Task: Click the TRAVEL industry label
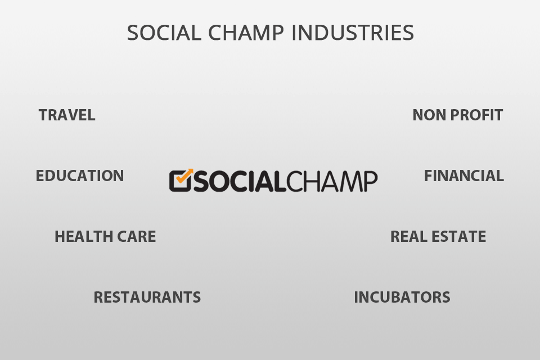coord(67,115)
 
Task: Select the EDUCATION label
coord(80,175)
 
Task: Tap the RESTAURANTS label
coord(147,297)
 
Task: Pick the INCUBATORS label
coord(402,297)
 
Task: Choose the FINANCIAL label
coord(463,175)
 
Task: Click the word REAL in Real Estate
coord(406,237)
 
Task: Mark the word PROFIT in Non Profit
coord(476,115)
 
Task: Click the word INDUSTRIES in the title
coord(353,33)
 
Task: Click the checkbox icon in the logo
coord(179,181)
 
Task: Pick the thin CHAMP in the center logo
coord(333,181)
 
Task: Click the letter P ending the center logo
coord(369,181)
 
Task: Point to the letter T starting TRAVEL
coord(43,115)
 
